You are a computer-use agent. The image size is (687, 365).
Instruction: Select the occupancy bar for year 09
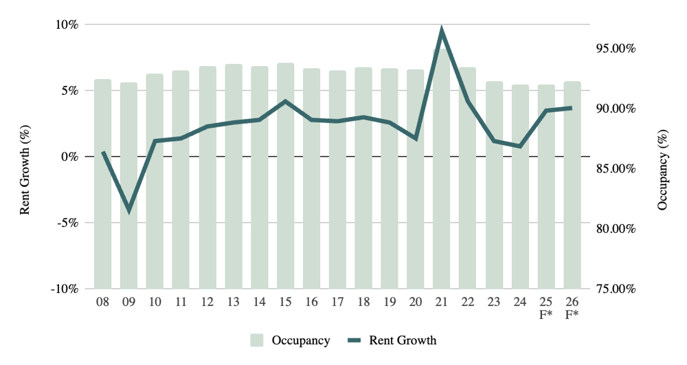tap(129, 186)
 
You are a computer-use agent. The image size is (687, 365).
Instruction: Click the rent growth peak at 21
tap(442, 31)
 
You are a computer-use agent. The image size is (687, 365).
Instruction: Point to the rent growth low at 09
tap(129, 210)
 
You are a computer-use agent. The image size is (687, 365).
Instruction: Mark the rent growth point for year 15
tap(285, 101)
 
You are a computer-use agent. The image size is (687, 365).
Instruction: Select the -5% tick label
tap(67, 223)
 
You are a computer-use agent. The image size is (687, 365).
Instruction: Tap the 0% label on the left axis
tap(69, 157)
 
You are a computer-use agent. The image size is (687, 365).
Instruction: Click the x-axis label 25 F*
tap(546, 309)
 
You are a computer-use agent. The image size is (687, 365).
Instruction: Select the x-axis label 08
tap(103, 302)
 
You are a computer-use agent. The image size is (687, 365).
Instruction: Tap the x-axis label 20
tap(416, 302)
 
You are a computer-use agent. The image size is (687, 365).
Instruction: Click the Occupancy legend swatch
tap(257, 340)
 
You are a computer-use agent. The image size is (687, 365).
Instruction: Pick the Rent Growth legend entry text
tap(402, 340)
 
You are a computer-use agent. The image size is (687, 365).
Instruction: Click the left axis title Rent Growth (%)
tap(25, 157)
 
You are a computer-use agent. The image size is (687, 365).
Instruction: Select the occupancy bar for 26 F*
tap(572, 186)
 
